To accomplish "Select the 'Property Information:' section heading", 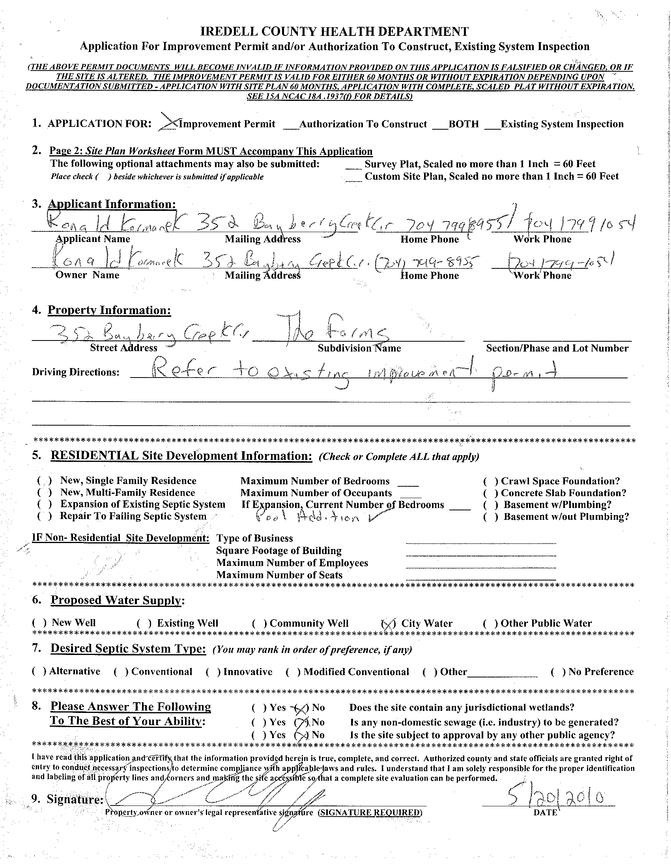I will click(x=109, y=310).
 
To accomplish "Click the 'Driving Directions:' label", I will click(x=75, y=372).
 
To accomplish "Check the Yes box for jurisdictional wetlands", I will click(x=260, y=708).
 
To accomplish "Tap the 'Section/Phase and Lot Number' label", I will click(x=557, y=348).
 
